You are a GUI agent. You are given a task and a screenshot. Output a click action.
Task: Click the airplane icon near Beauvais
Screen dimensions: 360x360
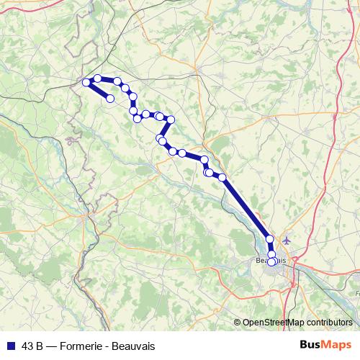[288, 240]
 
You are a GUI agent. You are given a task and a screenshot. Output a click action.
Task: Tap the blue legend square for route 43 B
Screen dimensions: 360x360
[9, 343]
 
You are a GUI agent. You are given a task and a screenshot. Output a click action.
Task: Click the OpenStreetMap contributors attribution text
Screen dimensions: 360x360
[297, 322]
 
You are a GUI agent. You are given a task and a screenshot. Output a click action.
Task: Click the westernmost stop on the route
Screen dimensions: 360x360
[86, 83]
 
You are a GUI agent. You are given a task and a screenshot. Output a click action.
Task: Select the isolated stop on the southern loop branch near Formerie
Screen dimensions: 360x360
[110, 99]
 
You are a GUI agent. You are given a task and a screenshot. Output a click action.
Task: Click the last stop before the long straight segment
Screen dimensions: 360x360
[222, 177]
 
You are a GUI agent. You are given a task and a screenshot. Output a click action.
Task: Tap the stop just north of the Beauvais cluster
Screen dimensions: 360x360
[270, 239]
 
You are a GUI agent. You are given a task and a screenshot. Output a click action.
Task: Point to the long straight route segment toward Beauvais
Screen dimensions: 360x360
[246, 208]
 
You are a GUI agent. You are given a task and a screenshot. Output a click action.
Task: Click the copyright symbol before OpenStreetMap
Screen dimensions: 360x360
[238, 322]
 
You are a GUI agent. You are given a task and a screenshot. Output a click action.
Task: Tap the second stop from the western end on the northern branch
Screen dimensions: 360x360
[97, 78]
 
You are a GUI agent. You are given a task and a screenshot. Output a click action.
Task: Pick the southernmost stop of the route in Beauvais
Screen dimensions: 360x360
[271, 262]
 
